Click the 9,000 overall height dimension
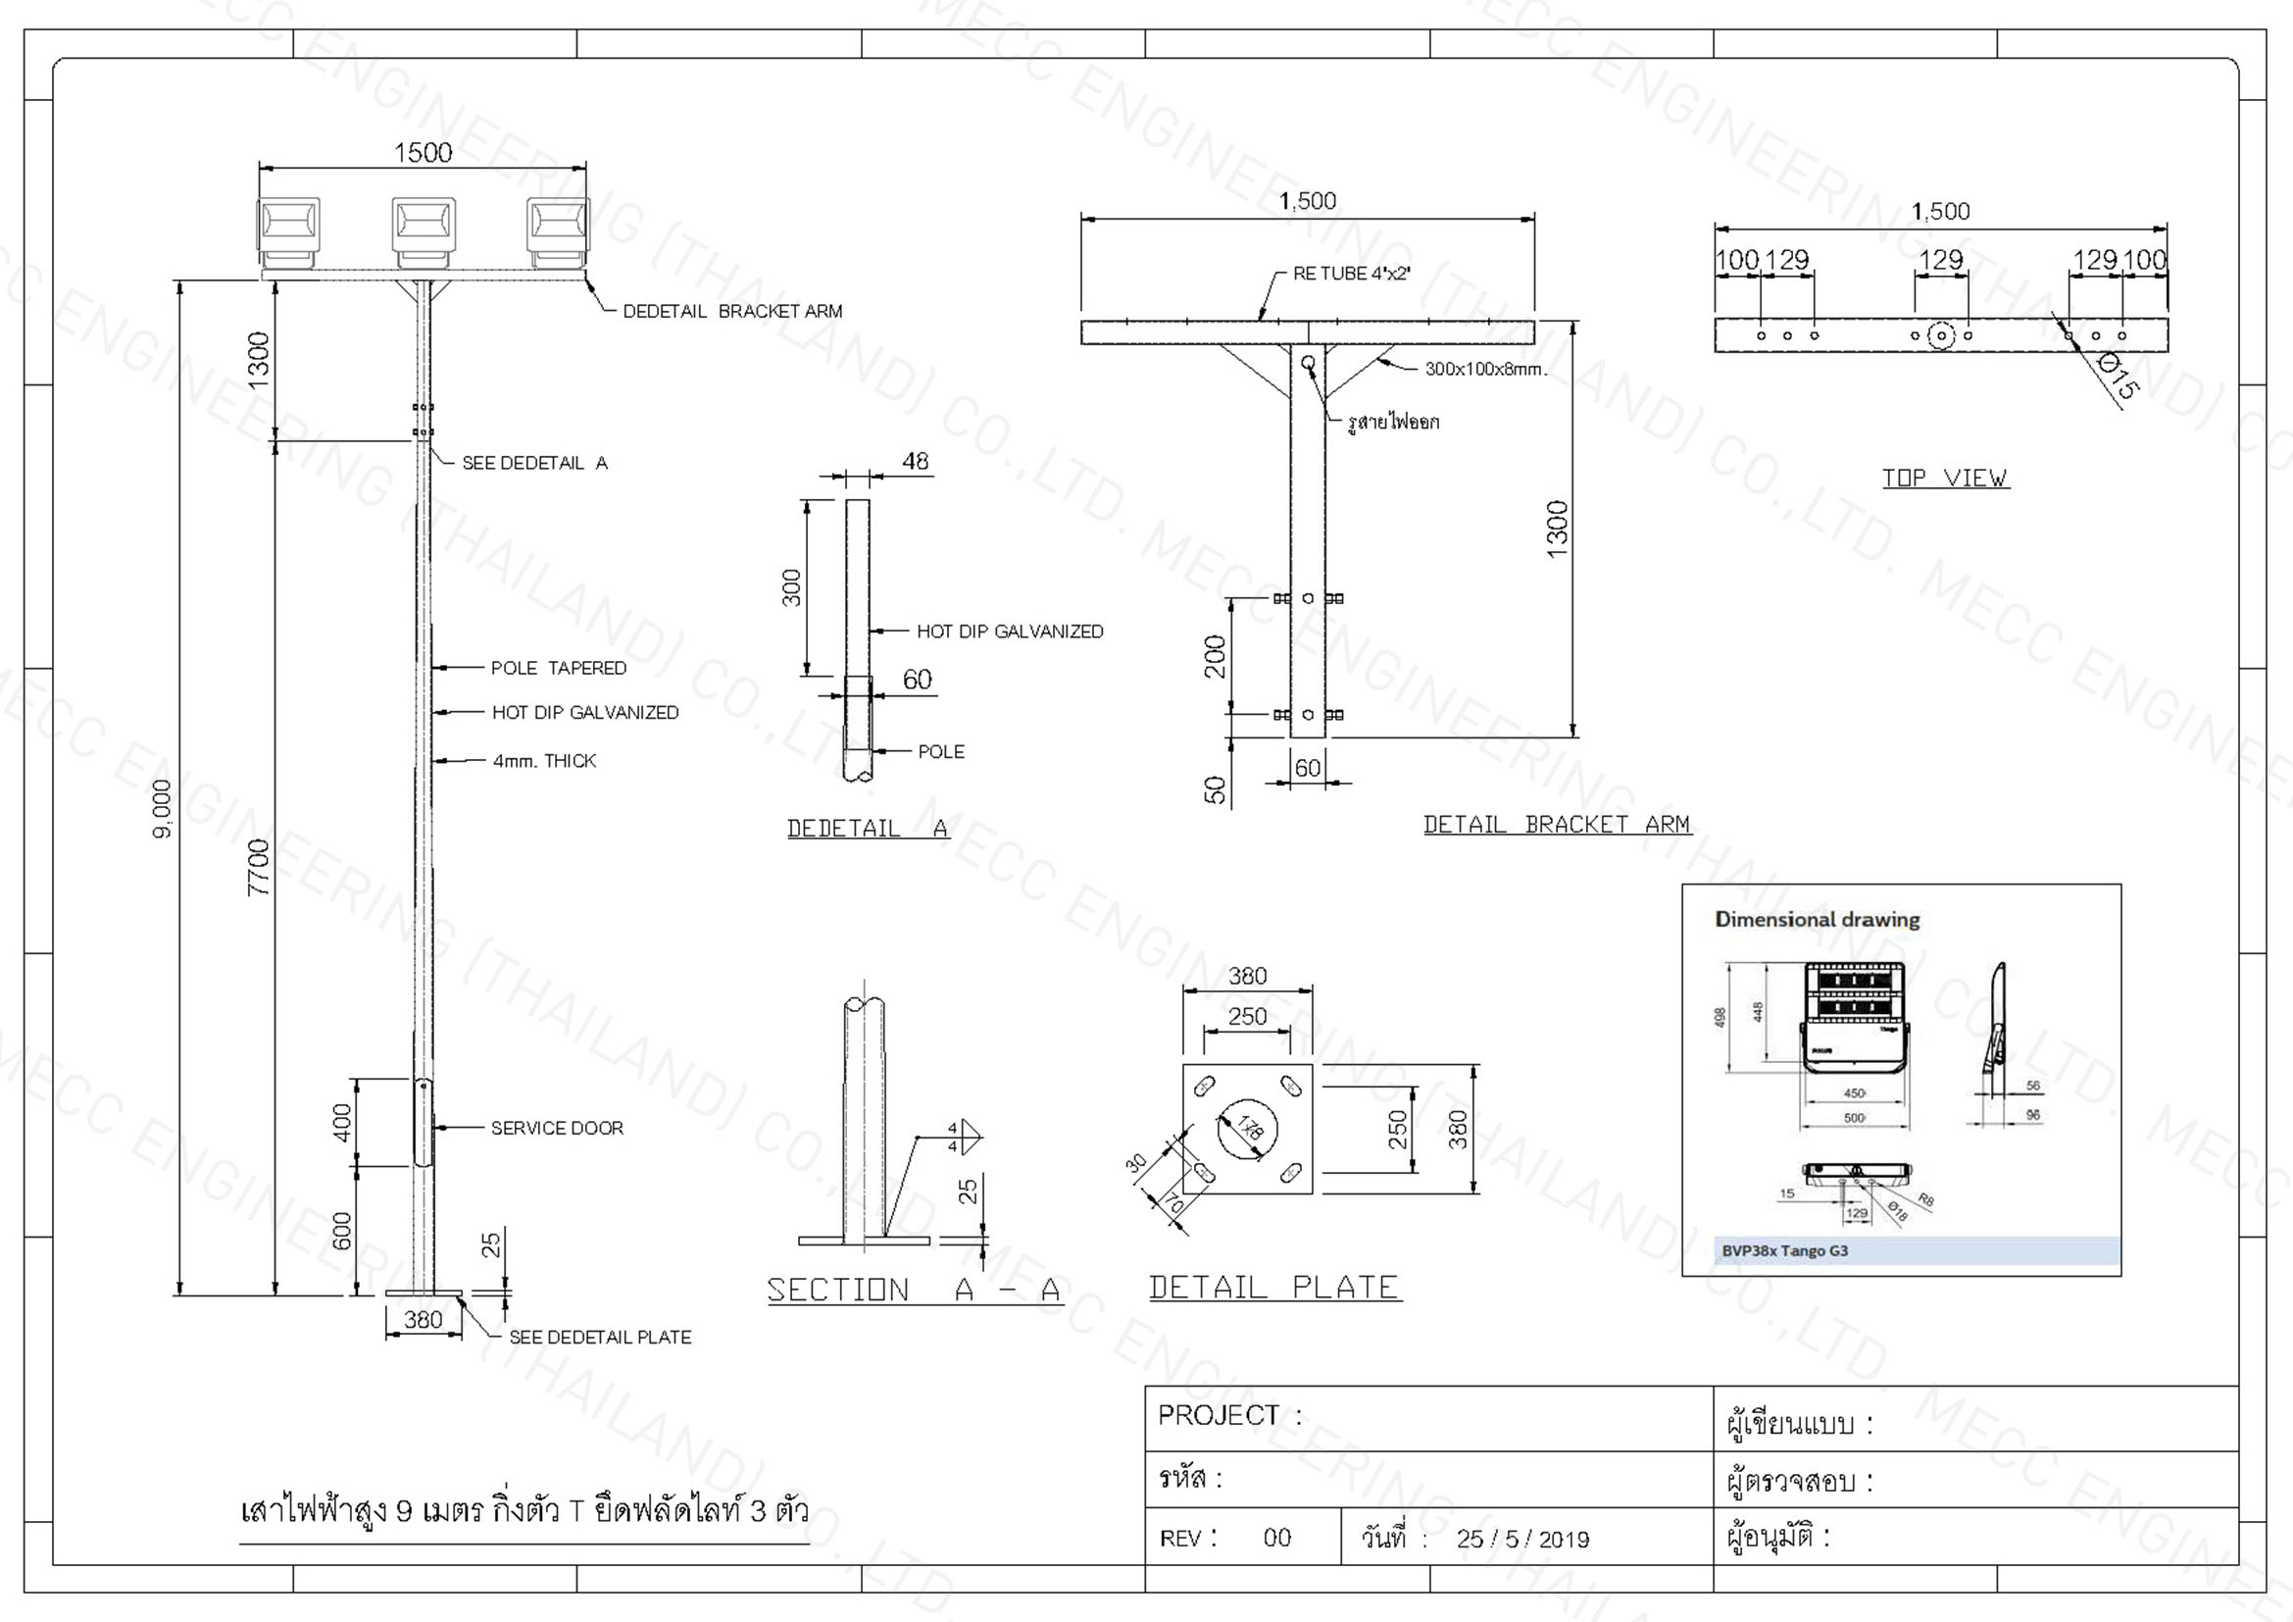[x=163, y=809]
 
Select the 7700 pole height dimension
[x=259, y=867]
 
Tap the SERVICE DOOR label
[x=556, y=1128]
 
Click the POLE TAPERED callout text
[x=558, y=668]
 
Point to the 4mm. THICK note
[x=543, y=761]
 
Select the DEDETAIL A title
[x=867, y=828]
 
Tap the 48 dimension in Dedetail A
[x=915, y=462]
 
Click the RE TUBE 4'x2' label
[x=1350, y=274]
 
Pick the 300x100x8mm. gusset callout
[x=1485, y=369]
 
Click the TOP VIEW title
[x=1944, y=479]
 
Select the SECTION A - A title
[x=913, y=1290]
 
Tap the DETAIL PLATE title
[x=1273, y=1287]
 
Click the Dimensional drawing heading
[x=1817, y=919]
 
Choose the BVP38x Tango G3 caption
[x=1784, y=1250]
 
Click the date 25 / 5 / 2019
[x=1522, y=1538]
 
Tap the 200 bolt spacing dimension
[x=1215, y=656]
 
